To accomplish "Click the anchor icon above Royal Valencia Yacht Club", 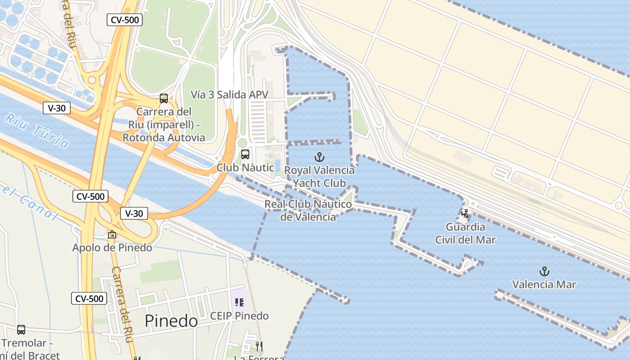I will pyautogui.click(x=319, y=157).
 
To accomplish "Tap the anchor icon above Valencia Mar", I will pyautogui.click(x=544, y=271).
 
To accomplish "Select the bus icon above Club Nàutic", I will pyautogui.click(x=245, y=154).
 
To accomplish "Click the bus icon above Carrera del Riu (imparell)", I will pyautogui.click(x=164, y=99).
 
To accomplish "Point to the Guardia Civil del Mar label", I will pyautogui.click(x=465, y=233).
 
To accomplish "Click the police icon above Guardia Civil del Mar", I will pyautogui.click(x=465, y=213).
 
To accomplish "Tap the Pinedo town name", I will pyautogui.click(x=171, y=321).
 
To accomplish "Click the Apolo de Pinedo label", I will pyautogui.click(x=112, y=247).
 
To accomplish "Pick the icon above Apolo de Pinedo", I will pyautogui.click(x=112, y=234).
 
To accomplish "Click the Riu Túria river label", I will pyautogui.click(x=38, y=130).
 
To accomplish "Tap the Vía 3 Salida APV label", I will pyautogui.click(x=229, y=94).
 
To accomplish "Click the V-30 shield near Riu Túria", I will pyautogui.click(x=57, y=108).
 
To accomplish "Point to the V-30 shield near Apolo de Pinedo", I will pyautogui.click(x=134, y=213).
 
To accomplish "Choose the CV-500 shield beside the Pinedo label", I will pyautogui.click(x=89, y=298).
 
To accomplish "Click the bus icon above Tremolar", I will pyautogui.click(x=21, y=330).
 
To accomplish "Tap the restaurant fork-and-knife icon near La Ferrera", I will pyautogui.click(x=259, y=346).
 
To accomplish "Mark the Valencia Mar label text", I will pyautogui.click(x=544, y=284).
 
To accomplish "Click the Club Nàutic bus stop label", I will pyautogui.click(x=245, y=167).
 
